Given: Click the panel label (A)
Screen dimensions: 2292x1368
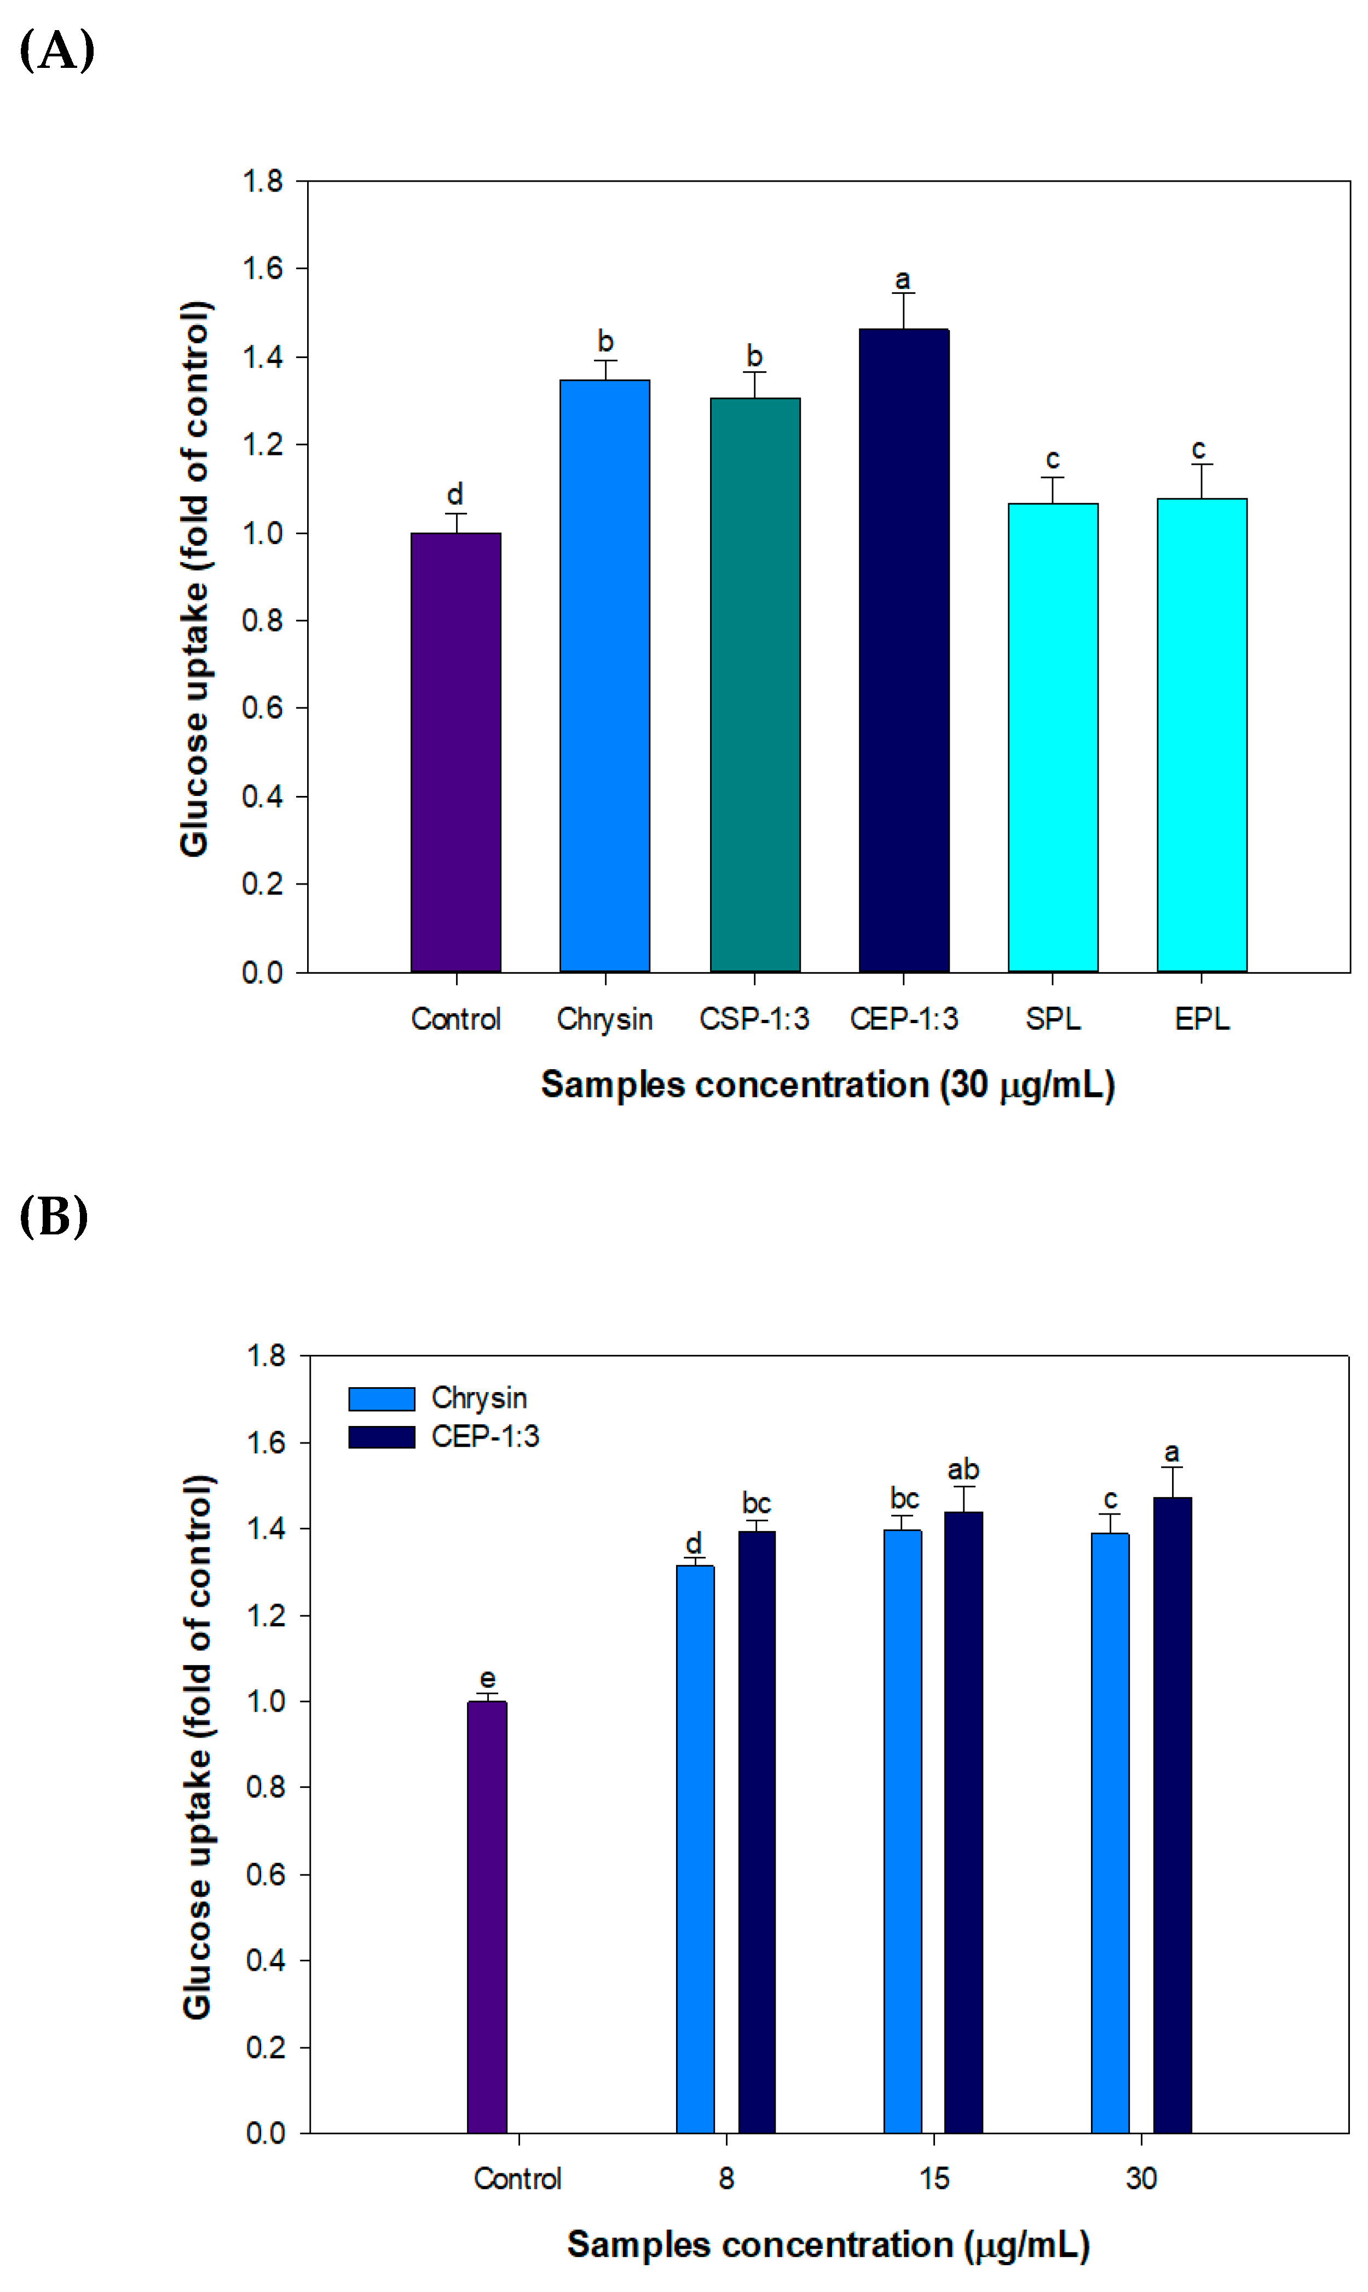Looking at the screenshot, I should pyautogui.click(x=56, y=51).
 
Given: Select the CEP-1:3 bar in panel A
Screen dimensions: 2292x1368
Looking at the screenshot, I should pyautogui.click(x=903, y=650).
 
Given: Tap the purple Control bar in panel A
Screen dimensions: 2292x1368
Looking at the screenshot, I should pyautogui.click(x=455, y=751).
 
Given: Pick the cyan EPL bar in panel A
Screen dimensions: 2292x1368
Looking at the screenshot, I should pyautogui.click(x=1201, y=735).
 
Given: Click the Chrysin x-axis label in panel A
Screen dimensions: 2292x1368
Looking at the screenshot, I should pyautogui.click(x=605, y=1019).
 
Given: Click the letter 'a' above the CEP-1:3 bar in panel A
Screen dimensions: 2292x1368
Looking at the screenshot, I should pyautogui.click(x=903, y=279).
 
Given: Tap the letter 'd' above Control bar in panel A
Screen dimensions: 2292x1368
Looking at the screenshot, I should pyautogui.click(x=454, y=494).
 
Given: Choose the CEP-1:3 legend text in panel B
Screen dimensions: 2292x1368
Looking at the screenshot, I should pyautogui.click(x=485, y=1437).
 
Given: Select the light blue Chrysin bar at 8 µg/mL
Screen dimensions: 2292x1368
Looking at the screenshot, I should pyautogui.click(x=695, y=1848).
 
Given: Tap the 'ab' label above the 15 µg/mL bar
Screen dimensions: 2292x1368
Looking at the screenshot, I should pyautogui.click(x=963, y=1469).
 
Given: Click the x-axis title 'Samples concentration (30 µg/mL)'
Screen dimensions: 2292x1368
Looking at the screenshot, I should pyautogui.click(x=827, y=1085).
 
